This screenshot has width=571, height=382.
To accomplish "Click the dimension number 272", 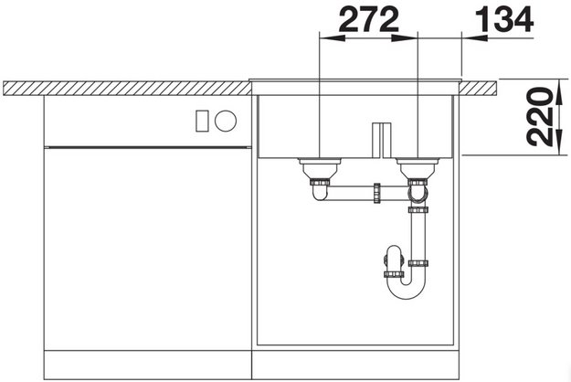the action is pyautogui.click(x=369, y=20).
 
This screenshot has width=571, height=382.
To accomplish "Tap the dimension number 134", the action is pyautogui.click(x=504, y=20).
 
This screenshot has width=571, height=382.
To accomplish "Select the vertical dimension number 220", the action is pyautogui.click(x=538, y=117).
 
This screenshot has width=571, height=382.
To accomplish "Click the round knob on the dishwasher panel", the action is pyautogui.click(x=226, y=121).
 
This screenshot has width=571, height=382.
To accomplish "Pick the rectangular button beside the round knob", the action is pyautogui.click(x=202, y=121).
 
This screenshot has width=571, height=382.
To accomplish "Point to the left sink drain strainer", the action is pyautogui.click(x=320, y=168).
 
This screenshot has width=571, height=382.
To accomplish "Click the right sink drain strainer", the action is pyautogui.click(x=418, y=168).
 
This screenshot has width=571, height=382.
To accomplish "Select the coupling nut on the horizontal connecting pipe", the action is pyautogui.click(x=376, y=193).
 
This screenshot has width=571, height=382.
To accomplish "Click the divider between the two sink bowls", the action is pyautogui.click(x=381, y=140).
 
